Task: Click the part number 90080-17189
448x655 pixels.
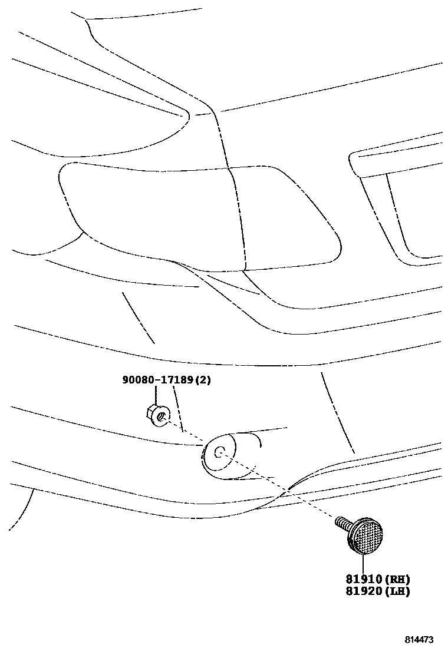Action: tap(157, 381)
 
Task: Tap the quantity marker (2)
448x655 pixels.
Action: tap(202, 381)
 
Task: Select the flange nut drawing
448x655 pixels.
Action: tap(156, 414)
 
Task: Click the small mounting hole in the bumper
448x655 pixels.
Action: tap(218, 452)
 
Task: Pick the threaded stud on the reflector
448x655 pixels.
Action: tap(342, 522)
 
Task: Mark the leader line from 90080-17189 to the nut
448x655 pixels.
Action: tap(156, 395)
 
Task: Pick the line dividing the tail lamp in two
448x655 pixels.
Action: tap(238, 218)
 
